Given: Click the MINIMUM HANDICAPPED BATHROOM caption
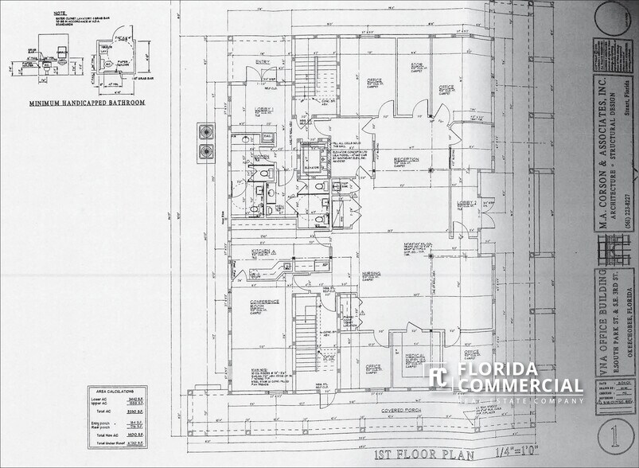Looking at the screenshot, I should [x=87, y=103].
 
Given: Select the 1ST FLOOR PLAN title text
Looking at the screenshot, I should [x=424, y=455].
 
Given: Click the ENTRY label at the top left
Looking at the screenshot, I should [x=263, y=61].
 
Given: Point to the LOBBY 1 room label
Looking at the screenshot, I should [x=263, y=109].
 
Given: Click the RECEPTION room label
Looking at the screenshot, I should [x=406, y=160].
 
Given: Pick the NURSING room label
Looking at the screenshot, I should [x=371, y=273].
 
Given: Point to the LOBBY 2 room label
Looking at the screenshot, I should [x=466, y=203].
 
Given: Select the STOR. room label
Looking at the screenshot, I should [x=416, y=67].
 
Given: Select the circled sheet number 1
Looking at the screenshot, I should [x=614, y=436].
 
